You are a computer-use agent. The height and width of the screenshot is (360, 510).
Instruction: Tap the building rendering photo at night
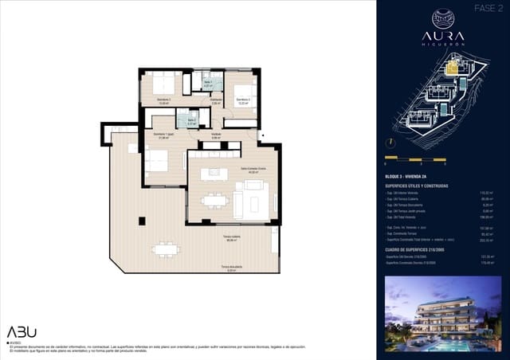442,314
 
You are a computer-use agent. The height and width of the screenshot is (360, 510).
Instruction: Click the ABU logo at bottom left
22,332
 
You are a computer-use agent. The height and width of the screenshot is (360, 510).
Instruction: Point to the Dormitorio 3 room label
243,100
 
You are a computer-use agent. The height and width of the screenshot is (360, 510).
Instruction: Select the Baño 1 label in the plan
208,84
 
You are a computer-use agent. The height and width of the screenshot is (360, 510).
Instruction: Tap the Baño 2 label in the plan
191,122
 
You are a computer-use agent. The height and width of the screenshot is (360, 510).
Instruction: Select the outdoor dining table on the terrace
166,249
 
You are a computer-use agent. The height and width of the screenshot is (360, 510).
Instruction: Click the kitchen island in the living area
214,174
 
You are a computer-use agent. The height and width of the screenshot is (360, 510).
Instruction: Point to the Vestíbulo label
216,135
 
